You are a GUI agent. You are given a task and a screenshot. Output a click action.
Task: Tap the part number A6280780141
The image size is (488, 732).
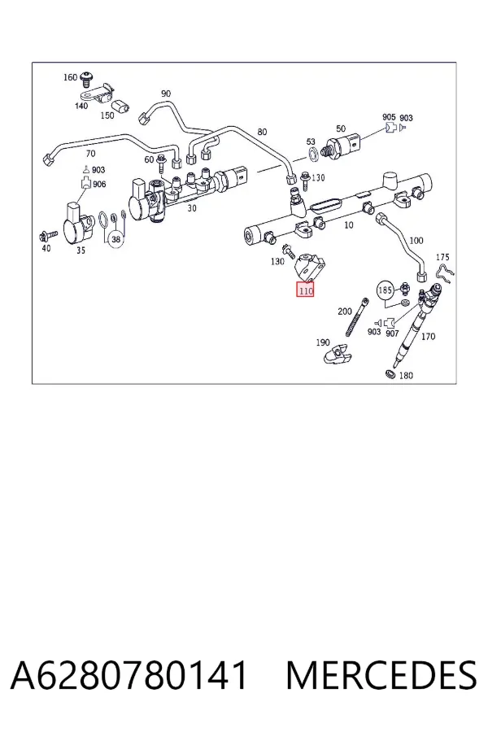[129, 675]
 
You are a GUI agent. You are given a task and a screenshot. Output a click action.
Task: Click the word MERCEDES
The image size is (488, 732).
[381, 675]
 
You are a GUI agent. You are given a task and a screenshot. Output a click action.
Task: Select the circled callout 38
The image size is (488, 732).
[115, 239]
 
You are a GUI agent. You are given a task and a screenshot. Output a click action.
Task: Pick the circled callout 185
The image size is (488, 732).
[385, 290]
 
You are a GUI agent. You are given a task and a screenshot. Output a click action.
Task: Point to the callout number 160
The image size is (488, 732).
[70, 77]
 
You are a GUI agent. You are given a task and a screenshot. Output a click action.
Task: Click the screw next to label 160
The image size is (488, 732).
[86, 80]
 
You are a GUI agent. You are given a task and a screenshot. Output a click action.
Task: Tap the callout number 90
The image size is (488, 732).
[166, 94]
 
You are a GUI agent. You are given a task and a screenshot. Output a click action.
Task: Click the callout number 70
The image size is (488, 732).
[90, 154]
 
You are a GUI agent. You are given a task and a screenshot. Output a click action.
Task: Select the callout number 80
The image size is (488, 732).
[263, 132]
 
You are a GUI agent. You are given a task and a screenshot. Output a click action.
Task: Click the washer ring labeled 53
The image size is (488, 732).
[313, 152]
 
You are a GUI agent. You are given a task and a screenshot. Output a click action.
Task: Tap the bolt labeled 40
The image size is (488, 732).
[49, 234]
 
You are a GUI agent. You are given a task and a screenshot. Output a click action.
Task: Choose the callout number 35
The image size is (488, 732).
[81, 251]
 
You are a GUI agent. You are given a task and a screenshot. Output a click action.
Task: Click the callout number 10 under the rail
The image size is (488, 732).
[348, 225]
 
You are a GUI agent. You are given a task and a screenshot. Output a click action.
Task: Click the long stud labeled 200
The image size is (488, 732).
[358, 317]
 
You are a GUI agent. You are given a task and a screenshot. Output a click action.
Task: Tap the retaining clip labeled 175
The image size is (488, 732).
[445, 276]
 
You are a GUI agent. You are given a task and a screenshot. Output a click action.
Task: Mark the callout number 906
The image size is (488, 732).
[99, 185]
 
